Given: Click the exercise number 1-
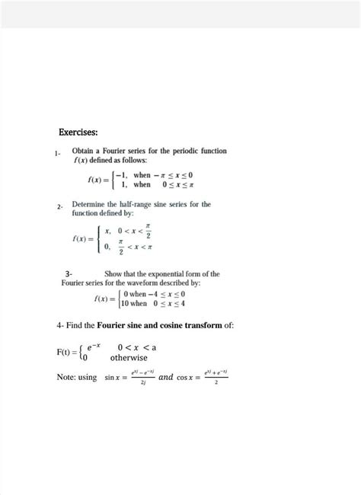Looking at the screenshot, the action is coord(57,155).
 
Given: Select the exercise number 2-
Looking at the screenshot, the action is coord(59,207).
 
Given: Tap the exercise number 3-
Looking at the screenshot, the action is coord(69,273).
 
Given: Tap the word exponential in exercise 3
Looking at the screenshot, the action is coord(181,273).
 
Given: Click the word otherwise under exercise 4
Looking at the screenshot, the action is coord(129,357).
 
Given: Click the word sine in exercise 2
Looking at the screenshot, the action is coord(172,204).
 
